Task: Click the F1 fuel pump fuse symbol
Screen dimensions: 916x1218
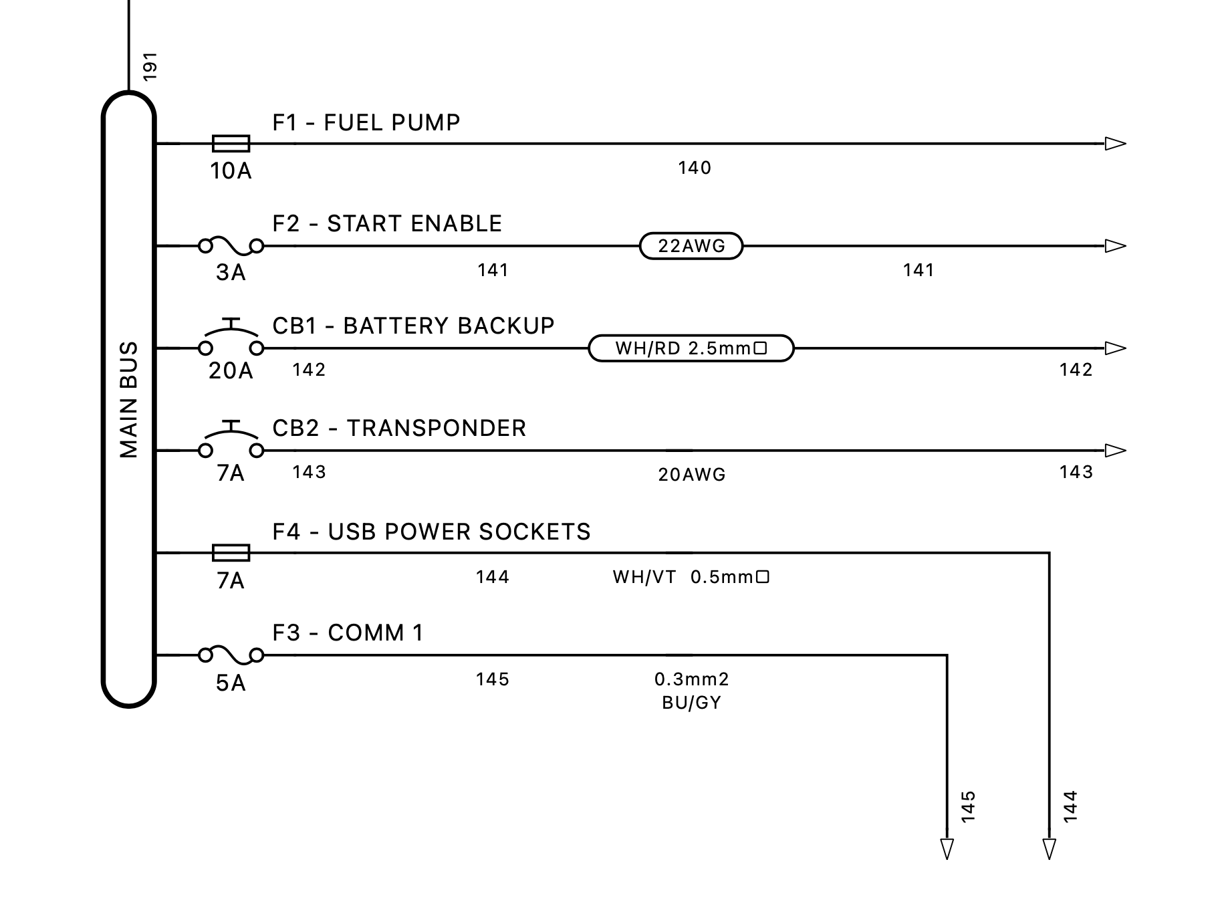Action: click(231, 144)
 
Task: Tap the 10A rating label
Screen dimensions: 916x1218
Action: click(231, 172)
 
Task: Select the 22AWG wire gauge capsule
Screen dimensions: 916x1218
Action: click(691, 246)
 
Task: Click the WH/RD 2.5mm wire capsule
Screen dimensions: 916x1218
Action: click(691, 348)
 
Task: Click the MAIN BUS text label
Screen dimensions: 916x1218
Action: click(128, 400)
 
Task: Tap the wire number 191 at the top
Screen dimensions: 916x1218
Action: click(150, 67)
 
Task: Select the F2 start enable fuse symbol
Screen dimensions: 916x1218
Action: click(231, 246)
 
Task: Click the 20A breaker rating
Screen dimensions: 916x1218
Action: click(231, 371)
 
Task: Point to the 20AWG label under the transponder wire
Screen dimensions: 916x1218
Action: click(691, 475)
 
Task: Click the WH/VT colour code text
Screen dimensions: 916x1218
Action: click(644, 577)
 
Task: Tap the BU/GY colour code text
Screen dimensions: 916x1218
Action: click(691, 703)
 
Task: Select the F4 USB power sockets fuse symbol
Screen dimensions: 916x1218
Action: click(231, 553)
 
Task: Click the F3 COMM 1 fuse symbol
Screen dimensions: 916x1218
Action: click(231, 655)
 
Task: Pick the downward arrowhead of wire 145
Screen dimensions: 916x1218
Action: click(947, 848)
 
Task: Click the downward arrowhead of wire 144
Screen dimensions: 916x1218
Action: click(1049, 848)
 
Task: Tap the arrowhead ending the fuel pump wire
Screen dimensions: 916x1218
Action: click(1115, 144)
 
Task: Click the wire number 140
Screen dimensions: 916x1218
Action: click(695, 168)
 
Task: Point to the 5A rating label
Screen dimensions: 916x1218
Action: click(231, 683)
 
